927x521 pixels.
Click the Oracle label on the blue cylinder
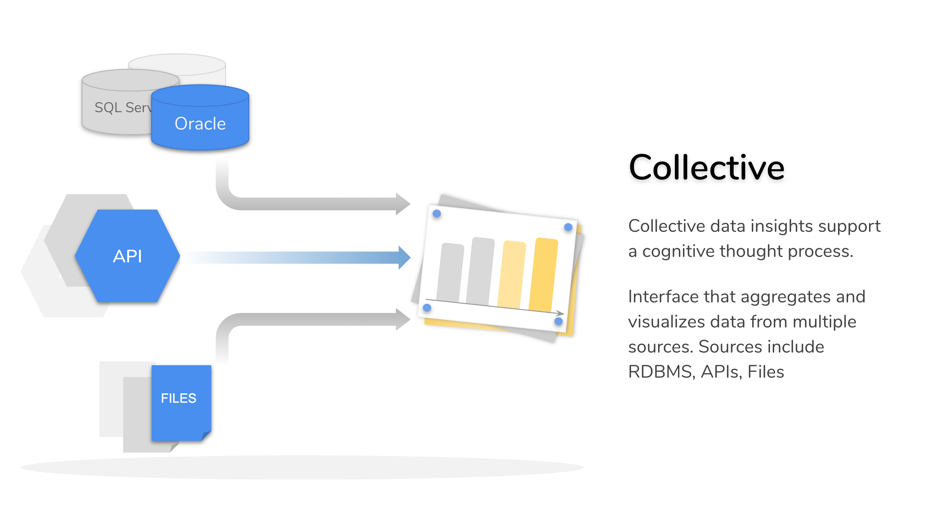[200, 124]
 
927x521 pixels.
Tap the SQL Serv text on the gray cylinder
[122, 108]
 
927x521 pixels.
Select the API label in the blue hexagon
[127, 256]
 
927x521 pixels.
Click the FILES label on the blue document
[179, 398]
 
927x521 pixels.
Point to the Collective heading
[706, 168]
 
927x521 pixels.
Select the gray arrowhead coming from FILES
[403, 319]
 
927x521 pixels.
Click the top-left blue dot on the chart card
[436, 214]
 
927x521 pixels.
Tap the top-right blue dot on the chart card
[568, 227]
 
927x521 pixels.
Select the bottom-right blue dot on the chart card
[558, 321]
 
